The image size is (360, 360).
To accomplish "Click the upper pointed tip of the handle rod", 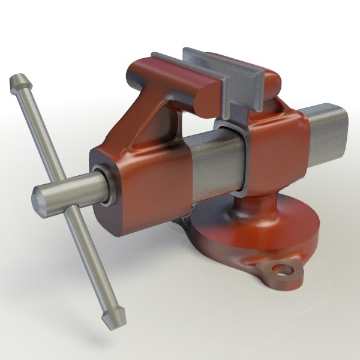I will click(16, 80).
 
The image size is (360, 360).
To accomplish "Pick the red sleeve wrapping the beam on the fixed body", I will click(276, 150).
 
